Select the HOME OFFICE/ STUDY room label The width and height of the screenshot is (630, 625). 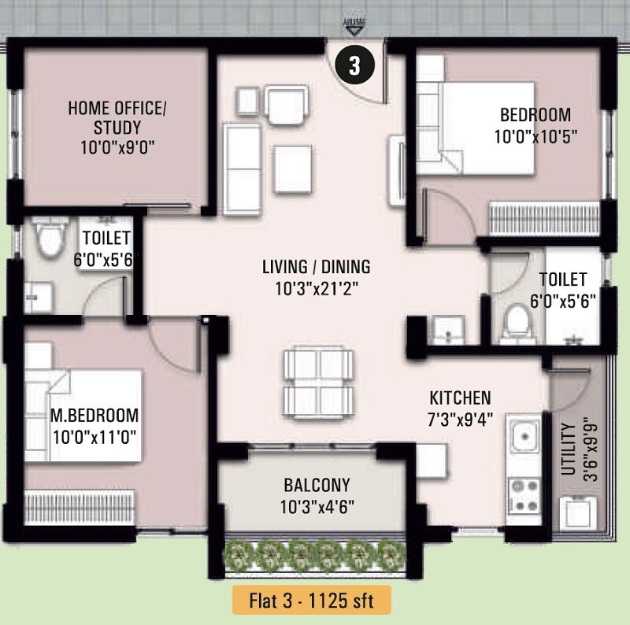point(117,127)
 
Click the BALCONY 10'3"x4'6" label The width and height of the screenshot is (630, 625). point(317,495)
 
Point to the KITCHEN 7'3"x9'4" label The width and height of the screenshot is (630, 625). point(460,407)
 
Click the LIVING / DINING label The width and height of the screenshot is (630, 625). point(317,277)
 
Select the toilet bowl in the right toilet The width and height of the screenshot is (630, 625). point(517,324)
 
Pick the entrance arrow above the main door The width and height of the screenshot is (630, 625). point(354,28)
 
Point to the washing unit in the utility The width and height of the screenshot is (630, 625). point(576,512)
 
